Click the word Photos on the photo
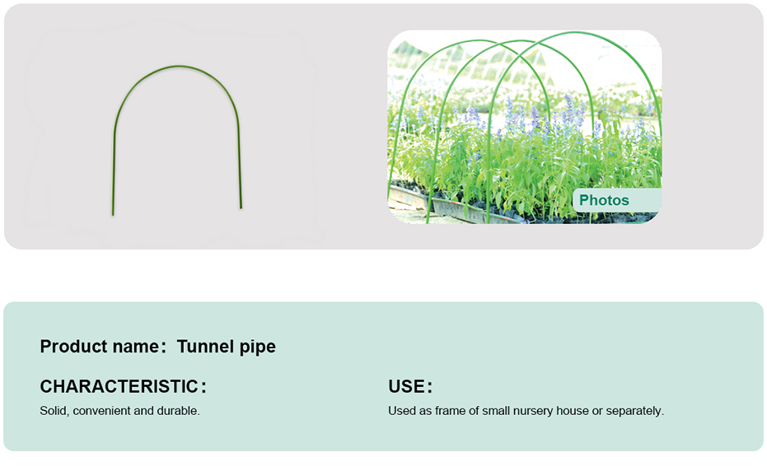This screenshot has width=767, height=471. pyautogui.click(x=604, y=200)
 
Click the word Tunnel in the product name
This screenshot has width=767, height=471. pyautogui.click(x=199, y=347)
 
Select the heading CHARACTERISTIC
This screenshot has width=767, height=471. pyautogui.click(x=119, y=386)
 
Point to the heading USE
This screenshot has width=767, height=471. pyautogui.click(x=407, y=386)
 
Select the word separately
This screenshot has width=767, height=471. pyautogui.click(x=635, y=412)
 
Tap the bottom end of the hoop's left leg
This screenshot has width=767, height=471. pyautogui.click(x=113, y=215)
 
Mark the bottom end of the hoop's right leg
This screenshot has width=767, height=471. pyautogui.click(x=241, y=208)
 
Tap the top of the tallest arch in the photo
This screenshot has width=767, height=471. pyautogui.click(x=576, y=33)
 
